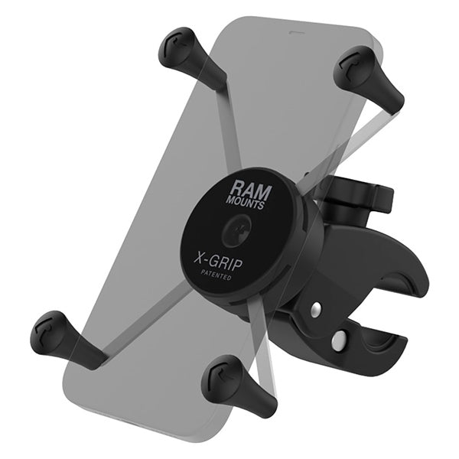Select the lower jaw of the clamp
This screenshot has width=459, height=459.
382,360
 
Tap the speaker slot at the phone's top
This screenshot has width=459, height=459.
293,34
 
